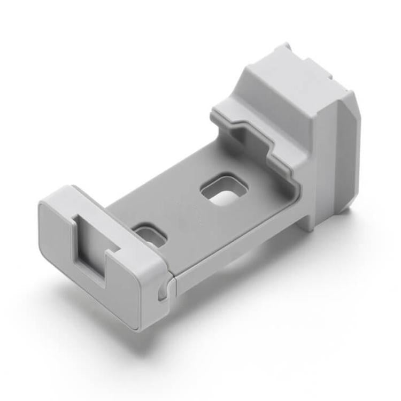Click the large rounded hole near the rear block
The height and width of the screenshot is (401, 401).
225,192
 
